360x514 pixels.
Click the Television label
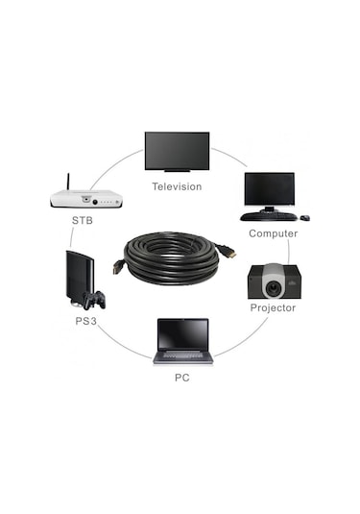(x=177, y=186)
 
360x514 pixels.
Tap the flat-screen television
(x=177, y=150)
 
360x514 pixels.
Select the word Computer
(x=273, y=233)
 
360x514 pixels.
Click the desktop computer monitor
(x=268, y=191)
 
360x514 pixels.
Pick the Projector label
(x=273, y=307)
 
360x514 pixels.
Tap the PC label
(x=182, y=377)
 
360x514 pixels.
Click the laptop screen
(x=182, y=333)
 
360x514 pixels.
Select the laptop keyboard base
(x=182, y=355)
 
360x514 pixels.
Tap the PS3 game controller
(x=94, y=299)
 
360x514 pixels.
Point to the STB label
(x=83, y=220)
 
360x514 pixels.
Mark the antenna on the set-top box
(x=69, y=182)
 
